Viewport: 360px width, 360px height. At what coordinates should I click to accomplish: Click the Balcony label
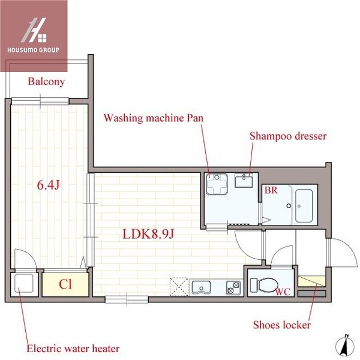tap(46, 82)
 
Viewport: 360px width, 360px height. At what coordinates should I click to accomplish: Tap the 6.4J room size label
tap(48, 185)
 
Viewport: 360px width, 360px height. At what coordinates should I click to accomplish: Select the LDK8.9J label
tap(149, 234)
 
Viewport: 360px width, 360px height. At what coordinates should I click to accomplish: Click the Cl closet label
tap(65, 284)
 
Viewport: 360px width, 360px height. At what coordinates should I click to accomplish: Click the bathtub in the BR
tap(304, 206)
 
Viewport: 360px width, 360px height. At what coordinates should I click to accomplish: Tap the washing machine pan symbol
tap(217, 184)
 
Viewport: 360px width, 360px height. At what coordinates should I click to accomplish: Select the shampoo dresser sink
tap(244, 181)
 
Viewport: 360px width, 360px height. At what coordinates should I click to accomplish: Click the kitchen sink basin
tap(201, 287)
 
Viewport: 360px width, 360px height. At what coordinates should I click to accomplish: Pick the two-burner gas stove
tap(234, 288)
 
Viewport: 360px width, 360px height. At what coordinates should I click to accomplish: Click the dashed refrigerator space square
tap(179, 287)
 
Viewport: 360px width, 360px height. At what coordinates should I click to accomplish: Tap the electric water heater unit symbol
tap(24, 283)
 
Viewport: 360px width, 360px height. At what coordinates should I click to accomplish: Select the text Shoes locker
tap(282, 325)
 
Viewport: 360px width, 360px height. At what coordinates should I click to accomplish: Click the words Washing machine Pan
tap(154, 118)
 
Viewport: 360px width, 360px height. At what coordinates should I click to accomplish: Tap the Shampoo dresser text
tap(288, 136)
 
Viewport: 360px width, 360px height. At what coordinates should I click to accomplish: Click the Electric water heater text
tap(73, 349)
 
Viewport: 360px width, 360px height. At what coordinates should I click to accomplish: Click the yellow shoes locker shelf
tap(312, 281)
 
